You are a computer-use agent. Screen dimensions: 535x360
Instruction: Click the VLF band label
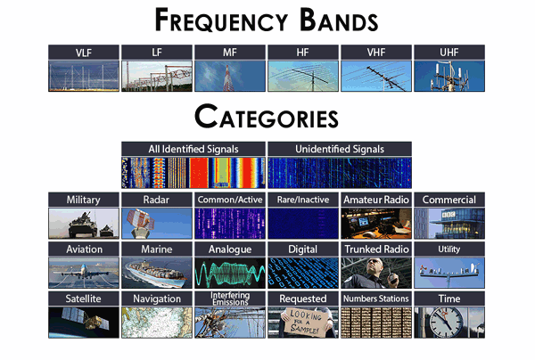click(x=84, y=53)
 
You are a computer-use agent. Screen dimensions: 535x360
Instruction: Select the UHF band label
click(x=449, y=53)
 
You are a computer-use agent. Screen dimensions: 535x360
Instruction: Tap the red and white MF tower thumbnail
click(x=230, y=76)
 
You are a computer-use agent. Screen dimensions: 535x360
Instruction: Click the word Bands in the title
click(x=339, y=20)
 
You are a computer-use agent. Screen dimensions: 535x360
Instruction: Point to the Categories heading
click(x=267, y=117)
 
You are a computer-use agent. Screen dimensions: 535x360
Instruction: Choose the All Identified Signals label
click(x=193, y=149)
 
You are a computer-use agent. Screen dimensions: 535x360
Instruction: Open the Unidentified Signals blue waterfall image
click(x=340, y=173)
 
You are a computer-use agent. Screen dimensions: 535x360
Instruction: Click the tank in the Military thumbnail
click(x=83, y=225)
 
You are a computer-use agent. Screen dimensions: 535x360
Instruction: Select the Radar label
click(x=156, y=200)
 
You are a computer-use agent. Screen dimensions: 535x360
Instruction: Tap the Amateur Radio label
click(x=376, y=200)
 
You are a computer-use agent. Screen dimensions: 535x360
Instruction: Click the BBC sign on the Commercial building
click(x=448, y=215)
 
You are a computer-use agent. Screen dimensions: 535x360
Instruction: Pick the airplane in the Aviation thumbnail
click(x=84, y=272)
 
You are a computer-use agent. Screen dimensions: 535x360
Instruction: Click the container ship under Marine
click(x=156, y=274)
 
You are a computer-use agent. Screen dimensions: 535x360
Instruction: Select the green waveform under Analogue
click(x=230, y=273)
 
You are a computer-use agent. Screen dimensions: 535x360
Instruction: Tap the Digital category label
click(x=302, y=250)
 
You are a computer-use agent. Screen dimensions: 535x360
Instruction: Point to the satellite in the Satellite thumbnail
click(x=86, y=319)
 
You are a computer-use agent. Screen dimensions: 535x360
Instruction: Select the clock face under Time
click(x=446, y=323)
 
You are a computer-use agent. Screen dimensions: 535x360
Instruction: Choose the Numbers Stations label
click(x=376, y=299)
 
